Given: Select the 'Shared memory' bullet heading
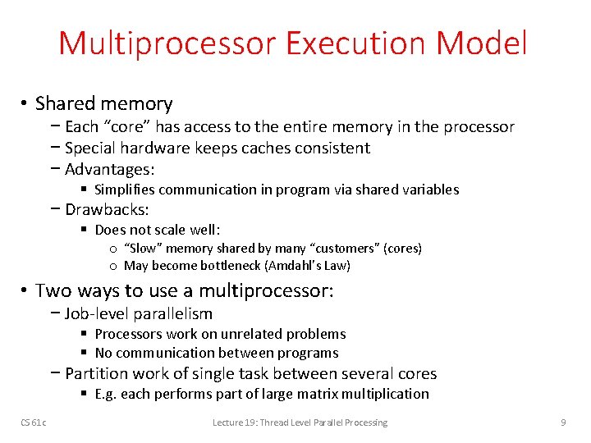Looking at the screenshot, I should [x=104, y=103].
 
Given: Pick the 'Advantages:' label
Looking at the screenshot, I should [x=110, y=170].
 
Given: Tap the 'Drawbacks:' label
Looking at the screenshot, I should [x=107, y=209].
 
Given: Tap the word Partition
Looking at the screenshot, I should [x=97, y=373].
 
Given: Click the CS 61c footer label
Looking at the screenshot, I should [x=34, y=422].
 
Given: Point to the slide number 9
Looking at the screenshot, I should [x=563, y=422].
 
